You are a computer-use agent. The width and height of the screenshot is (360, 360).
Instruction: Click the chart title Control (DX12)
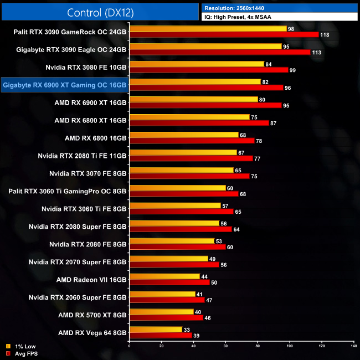click(100, 12)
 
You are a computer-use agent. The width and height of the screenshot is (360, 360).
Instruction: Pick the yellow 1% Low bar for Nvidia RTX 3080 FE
click(197, 64)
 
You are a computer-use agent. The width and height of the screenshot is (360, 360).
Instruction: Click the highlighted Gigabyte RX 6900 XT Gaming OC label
click(65, 85)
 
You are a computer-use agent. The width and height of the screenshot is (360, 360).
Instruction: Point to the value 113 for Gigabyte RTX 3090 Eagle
click(317, 53)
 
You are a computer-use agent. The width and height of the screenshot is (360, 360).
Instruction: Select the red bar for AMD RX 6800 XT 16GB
click(199, 123)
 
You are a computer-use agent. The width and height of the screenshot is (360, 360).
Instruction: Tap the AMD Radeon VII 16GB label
click(91, 279)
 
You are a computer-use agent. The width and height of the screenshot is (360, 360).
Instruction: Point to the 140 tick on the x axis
click(353, 346)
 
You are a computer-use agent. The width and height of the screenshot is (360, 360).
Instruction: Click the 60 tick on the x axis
click(225, 346)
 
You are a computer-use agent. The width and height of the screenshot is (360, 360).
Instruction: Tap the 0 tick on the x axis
click(129, 346)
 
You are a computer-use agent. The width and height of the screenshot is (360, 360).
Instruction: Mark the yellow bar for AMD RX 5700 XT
click(161, 311)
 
